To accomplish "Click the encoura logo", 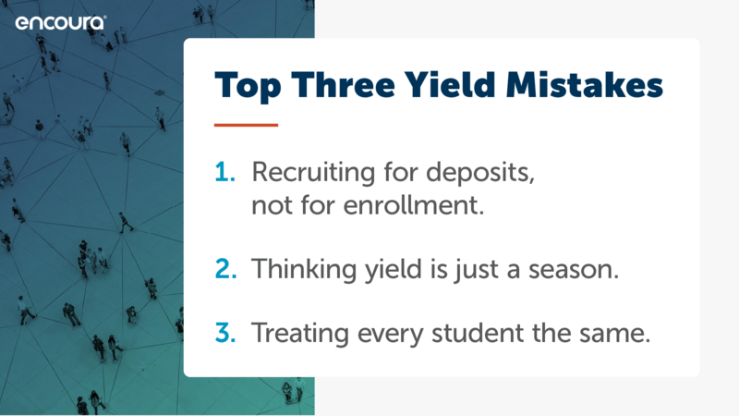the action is click(61, 22).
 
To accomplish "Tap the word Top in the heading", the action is click(248, 86).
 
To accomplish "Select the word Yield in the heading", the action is click(450, 85).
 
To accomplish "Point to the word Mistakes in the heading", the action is click(585, 85).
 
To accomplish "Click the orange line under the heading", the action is click(246, 125).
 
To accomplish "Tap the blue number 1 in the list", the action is click(224, 172).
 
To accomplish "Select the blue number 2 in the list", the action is click(225, 269).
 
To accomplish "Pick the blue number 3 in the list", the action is click(225, 333).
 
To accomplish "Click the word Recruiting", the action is click(313, 172).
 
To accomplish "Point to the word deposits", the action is click(480, 173).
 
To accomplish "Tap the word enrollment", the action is click(413, 205).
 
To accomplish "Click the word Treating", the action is click(299, 334).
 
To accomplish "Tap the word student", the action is click(478, 334).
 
